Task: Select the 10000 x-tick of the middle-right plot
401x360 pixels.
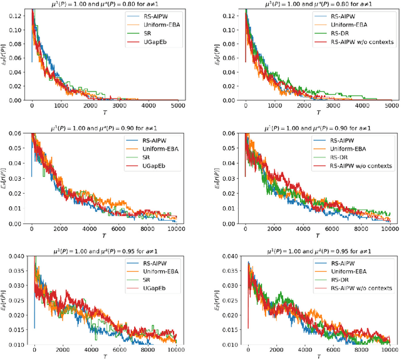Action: tap(390, 230)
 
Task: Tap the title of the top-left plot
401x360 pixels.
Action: tap(105, 4)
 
